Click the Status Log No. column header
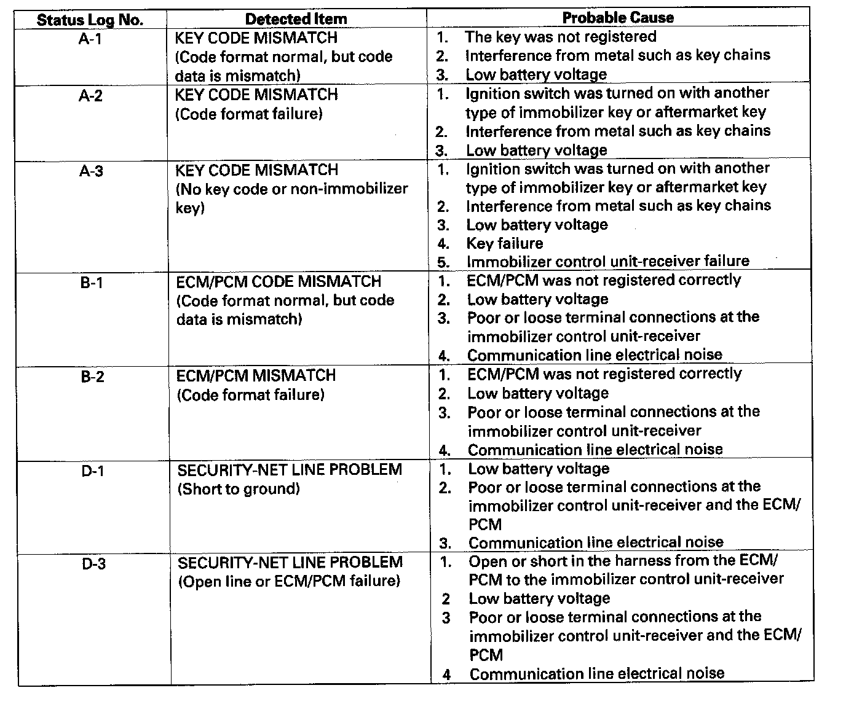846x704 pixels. coord(90,20)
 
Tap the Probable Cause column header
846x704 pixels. coord(618,18)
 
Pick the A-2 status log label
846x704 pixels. coord(90,96)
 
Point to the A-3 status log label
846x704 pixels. coord(91,171)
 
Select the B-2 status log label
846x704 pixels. coord(93,377)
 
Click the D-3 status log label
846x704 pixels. coord(93,564)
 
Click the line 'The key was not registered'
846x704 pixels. coord(560,37)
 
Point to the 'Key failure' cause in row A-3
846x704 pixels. coord(504,243)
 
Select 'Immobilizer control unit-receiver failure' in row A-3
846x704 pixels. coord(607,261)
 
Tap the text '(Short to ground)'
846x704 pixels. coord(239,489)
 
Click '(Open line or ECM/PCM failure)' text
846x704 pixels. coord(289,581)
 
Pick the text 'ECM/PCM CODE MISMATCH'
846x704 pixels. coord(279,282)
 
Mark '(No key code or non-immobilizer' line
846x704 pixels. coord(292,189)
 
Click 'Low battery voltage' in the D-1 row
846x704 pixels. coord(539,469)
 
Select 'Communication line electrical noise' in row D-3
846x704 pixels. coord(596,674)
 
